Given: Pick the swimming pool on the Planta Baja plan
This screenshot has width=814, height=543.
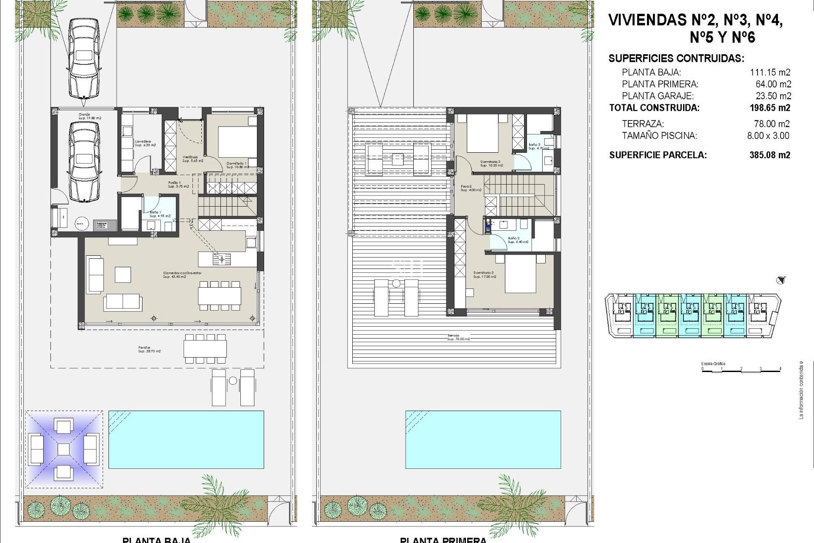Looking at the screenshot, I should click(x=186, y=439).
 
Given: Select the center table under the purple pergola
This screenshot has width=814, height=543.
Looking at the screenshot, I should click(x=63, y=449).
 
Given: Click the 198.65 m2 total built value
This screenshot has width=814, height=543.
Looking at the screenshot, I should click(x=769, y=108).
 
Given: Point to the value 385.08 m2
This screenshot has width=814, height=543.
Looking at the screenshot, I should click(x=769, y=155).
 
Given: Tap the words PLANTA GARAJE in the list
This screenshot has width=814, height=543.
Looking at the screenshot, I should click(x=658, y=96).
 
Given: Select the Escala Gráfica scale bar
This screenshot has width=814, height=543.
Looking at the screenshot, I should click(x=741, y=369).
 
